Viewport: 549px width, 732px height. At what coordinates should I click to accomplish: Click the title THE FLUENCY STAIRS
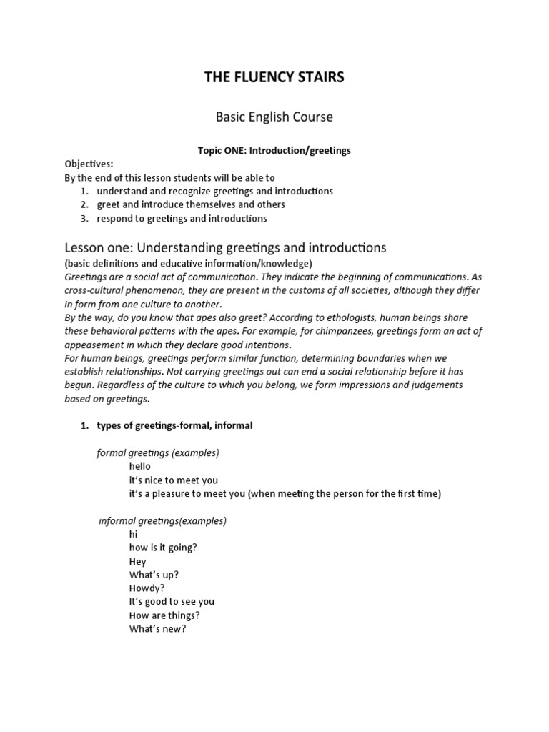click(x=274, y=77)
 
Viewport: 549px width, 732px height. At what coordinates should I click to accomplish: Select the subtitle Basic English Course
click(x=274, y=116)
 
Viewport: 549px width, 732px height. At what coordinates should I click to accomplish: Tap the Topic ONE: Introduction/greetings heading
click(x=274, y=151)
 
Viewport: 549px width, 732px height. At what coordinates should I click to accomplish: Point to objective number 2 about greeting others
click(x=191, y=204)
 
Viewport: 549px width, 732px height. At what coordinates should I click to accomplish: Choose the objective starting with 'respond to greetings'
click(x=182, y=218)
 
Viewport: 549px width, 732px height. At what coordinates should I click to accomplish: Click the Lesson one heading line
click(x=225, y=248)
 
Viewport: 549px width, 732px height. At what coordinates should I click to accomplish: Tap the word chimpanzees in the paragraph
click(x=330, y=330)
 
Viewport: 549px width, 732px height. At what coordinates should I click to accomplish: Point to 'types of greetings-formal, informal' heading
click(x=174, y=425)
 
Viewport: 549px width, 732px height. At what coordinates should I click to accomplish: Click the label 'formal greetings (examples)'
click(x=157, y=453)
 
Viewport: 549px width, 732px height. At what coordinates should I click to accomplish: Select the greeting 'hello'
click(x=140, y=466)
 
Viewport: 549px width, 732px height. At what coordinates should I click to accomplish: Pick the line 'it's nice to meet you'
click(x=174, y=480)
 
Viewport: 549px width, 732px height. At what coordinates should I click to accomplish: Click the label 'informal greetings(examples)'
click(x=162, y=520)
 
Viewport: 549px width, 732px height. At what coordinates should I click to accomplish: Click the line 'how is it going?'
click(x=163, y=548)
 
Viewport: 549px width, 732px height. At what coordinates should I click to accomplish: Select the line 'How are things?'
click(x=164, y=615)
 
